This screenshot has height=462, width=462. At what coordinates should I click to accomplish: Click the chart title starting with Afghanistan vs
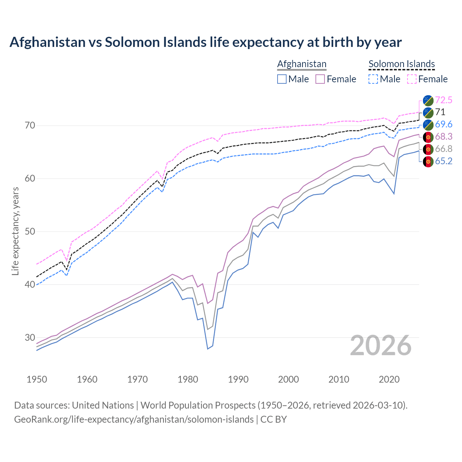[205, 42]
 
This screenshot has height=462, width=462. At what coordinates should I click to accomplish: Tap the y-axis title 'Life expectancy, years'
[15, 231]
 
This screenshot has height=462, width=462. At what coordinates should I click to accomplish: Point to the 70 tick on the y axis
[30, 126]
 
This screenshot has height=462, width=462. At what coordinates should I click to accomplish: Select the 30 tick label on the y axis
[30, 337]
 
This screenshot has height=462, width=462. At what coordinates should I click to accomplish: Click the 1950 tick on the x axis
[37, 379]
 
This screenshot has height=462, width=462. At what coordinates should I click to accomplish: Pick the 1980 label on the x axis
[188, 379]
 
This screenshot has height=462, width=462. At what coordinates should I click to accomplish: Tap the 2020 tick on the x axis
[389, 379]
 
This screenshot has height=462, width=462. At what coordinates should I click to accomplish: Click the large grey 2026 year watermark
[381, 345]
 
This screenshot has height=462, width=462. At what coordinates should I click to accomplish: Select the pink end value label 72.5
[444, 100]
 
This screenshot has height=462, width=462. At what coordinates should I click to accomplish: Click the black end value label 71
[440, 112]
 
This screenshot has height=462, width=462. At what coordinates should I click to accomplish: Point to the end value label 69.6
[444, 125]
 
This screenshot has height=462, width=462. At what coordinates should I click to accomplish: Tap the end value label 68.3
[444, 137]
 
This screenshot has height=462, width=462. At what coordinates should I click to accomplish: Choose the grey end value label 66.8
[444, 149]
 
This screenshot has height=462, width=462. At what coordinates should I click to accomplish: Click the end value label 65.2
[444, 161]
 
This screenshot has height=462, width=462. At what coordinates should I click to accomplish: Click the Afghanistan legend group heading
[302, 64]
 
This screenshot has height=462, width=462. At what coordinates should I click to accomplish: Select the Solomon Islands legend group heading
[401, 64]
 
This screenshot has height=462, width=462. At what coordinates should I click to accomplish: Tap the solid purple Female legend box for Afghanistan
[320, 79]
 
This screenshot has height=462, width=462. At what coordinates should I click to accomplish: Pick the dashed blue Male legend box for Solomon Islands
[373, 79]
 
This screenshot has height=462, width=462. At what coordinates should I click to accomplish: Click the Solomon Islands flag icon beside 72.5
[428, 100]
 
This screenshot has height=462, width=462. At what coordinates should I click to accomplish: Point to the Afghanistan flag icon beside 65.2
[428, 161]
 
